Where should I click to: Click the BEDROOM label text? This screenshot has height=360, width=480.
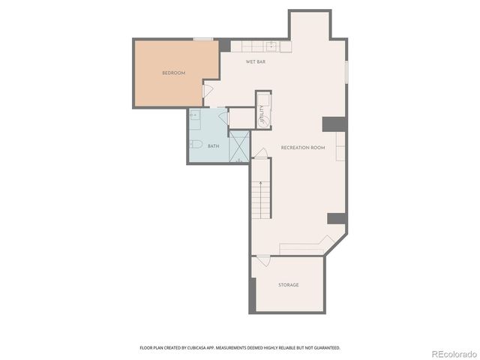click(173, 73)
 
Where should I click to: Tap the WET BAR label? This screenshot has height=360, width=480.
click(256, 61)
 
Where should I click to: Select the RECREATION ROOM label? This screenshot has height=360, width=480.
click(303, 148)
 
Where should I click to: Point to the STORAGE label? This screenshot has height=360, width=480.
click(289, 285)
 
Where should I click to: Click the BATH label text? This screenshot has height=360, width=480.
click(214, 146)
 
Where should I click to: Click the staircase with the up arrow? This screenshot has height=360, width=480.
click(260, 198)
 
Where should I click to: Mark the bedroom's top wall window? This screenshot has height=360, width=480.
click(202, 39)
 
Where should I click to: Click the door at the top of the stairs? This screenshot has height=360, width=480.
click(259, 154)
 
